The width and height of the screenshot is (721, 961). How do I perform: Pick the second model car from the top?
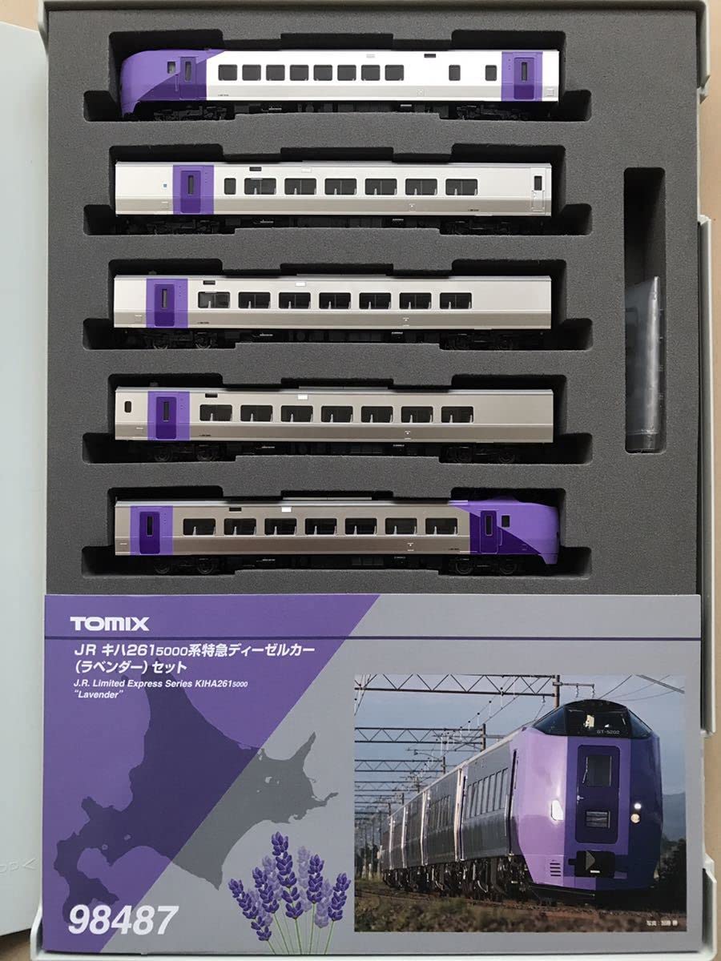(332, 189)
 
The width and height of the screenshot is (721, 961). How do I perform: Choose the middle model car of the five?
(332, 301)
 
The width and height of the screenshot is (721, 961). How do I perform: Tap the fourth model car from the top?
(333, 415)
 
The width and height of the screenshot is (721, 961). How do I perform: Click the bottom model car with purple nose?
(336, 527)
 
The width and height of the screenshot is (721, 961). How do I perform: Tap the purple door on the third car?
(165, 301)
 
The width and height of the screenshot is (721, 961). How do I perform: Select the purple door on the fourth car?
(166, 414)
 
